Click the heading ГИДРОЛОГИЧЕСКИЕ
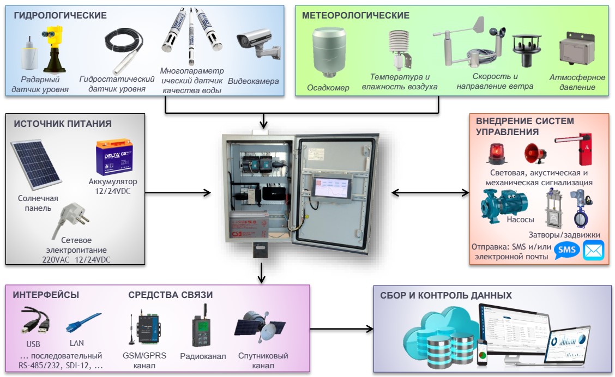(60, 15)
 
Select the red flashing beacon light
(496, 154)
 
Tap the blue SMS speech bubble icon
(567, 250)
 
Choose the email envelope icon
(594, 250)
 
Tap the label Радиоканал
(203, 356)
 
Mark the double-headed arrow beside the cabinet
(430, 192)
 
